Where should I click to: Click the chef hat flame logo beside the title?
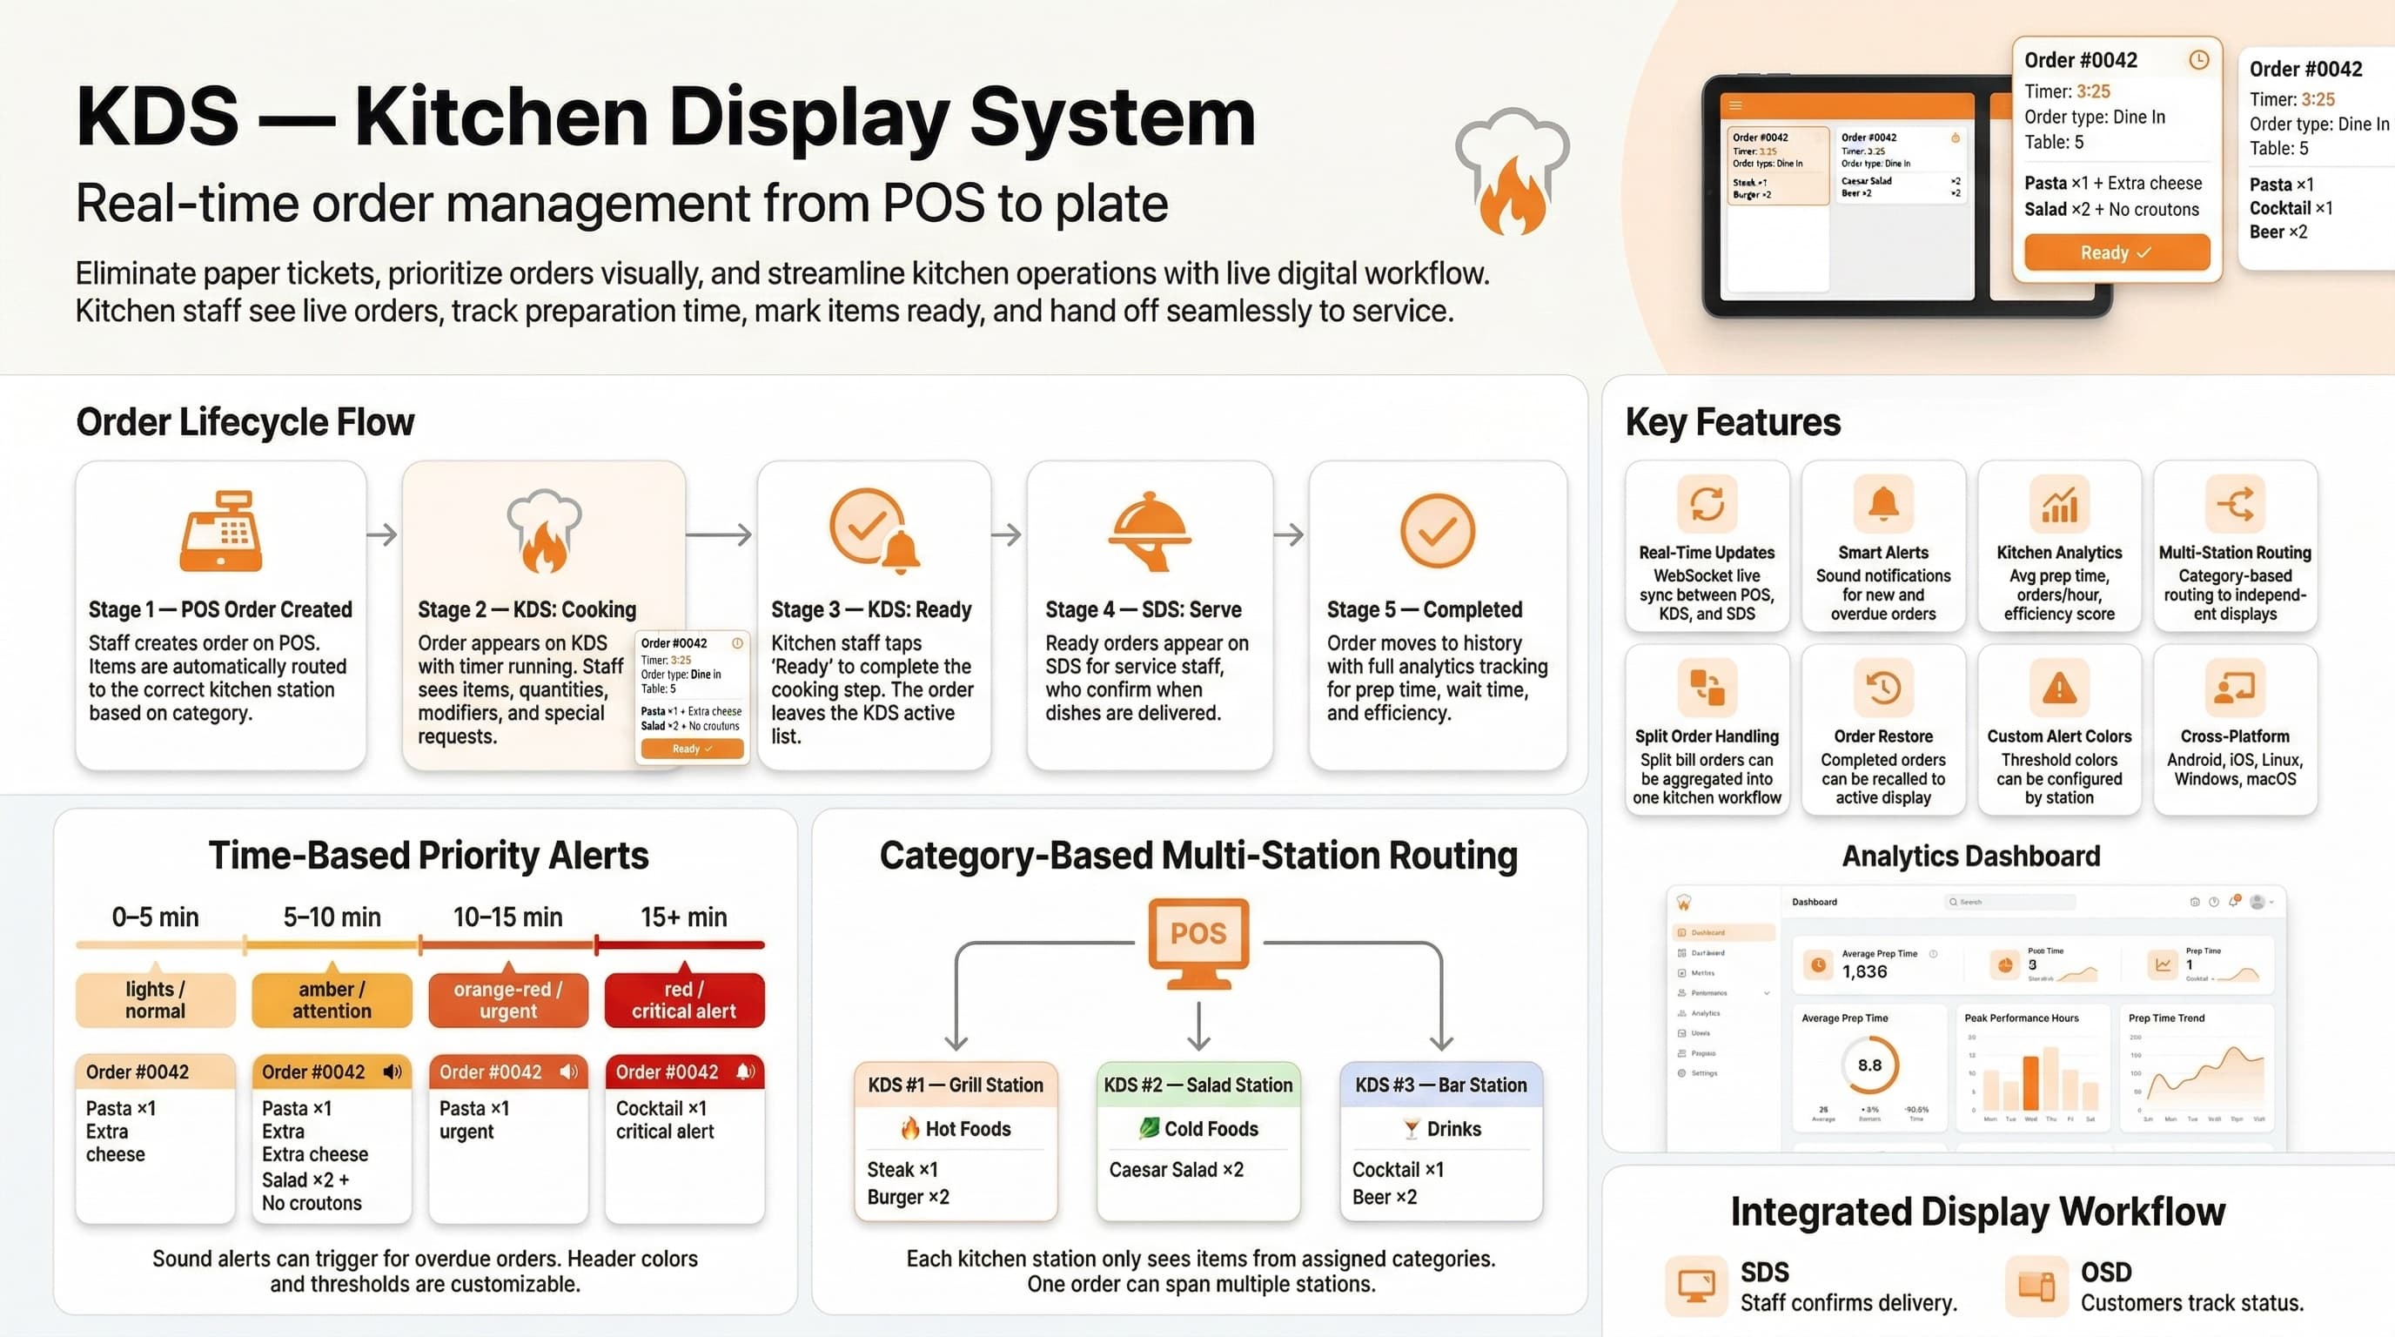[x=1512, y=171]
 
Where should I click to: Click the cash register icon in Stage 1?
[x=221, y=531]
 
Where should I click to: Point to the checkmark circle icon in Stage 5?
[x=1437, y=531]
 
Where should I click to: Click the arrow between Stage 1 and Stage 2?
[x=382, y=534]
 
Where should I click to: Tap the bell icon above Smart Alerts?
[x=1882, y=503]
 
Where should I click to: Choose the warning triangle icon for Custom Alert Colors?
[x=2058, y=688]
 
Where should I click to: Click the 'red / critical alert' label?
[x=684, y=1000]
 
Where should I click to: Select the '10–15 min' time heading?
[x=507, y=917]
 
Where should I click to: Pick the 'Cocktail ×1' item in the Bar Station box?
[x=1398, y=1170]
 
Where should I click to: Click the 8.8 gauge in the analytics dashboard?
[x=1868, y=1065]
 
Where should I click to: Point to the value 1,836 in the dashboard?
[x=1864, y=971]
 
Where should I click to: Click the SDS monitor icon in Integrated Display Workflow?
[x=1696, y=1286]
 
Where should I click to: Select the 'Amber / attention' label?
[x=332, y=1000]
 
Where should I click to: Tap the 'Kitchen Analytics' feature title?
[x=2058, y=552]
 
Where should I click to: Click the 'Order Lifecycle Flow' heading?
[x=245, y=422]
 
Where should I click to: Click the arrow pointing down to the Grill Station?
[x=956, y=1037]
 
